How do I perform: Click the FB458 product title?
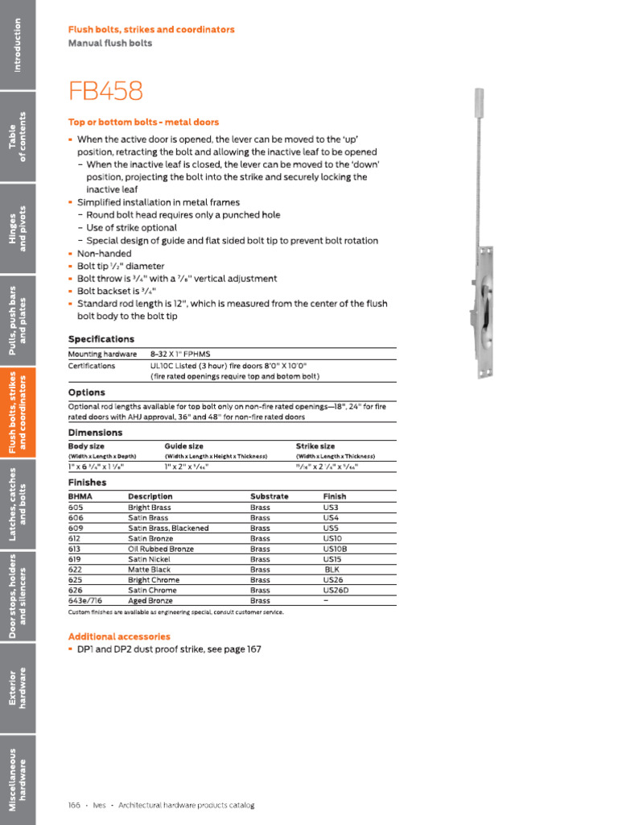click(x=105, y=91)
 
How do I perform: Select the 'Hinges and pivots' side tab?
click(x=18, y=228)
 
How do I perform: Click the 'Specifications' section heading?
click(x=101, y=339)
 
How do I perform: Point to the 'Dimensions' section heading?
click(x=95, y=433)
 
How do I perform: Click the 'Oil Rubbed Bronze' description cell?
click(x=161, y=549)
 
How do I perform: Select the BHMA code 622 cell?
click(x=76, y=570)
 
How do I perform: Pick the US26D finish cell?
click(x=336, y=590)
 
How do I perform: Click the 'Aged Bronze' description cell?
click(x=150, y=600)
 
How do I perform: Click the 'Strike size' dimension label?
click(x=315, y=446)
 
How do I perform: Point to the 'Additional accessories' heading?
click(x=119, y=636)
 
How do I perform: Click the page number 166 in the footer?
click(x=75, y=805)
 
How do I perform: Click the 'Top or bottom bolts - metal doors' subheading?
click(x=143, y=122)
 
